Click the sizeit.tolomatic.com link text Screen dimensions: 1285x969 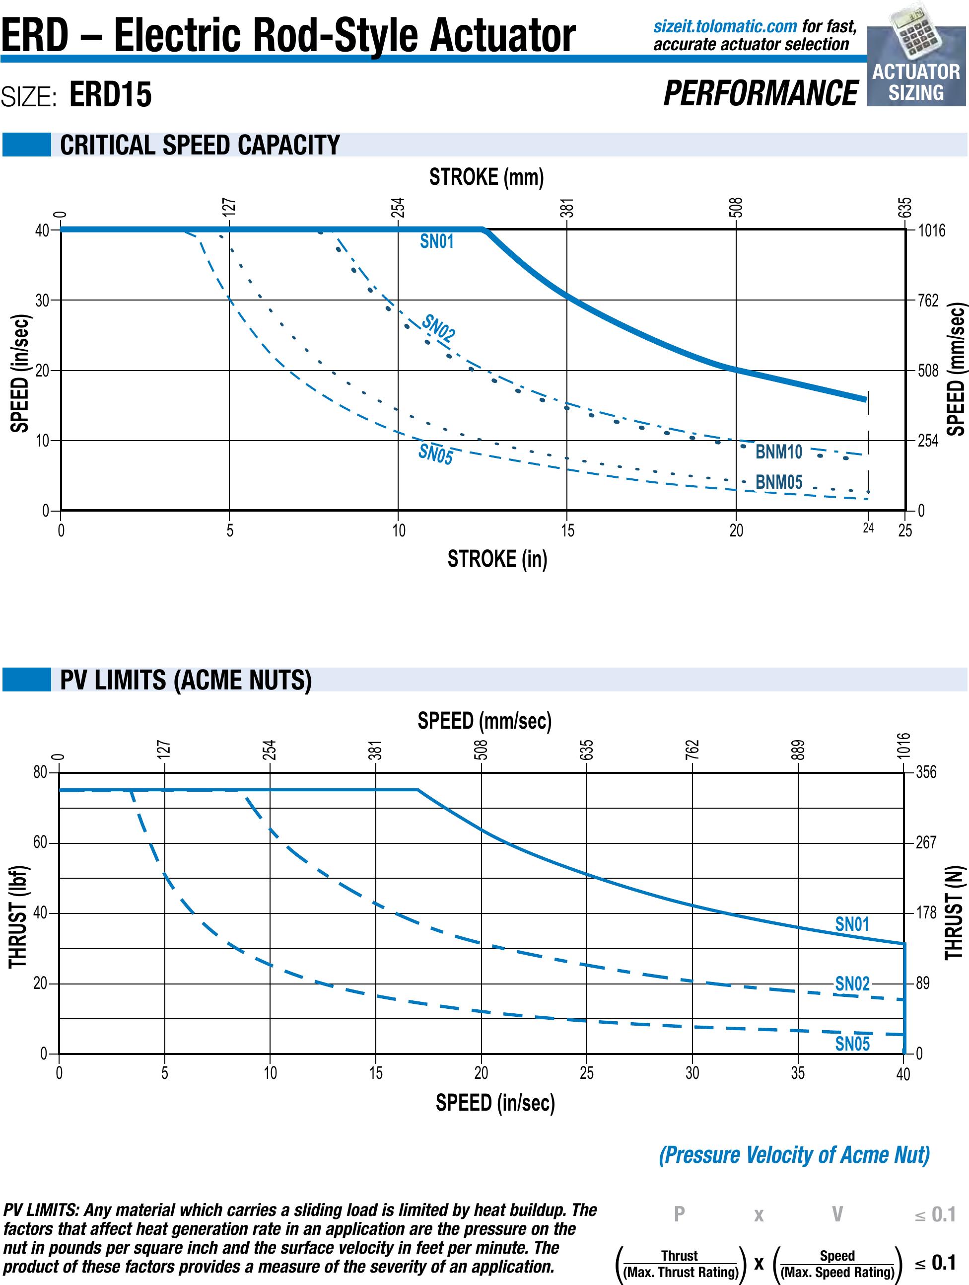[725, 26]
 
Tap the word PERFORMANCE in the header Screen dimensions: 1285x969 [760, 93]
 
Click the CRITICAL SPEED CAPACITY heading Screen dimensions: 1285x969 [200, 145]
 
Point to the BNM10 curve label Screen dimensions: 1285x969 [778, 452]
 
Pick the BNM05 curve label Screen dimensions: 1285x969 [778, 482]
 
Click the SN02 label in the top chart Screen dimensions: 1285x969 [438, 328]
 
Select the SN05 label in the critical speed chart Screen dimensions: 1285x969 [435, 454]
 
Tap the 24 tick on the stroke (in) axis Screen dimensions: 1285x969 [868, 528]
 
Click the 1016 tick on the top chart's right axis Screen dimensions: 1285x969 [931, 230]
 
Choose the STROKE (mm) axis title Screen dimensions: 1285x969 [486, 177]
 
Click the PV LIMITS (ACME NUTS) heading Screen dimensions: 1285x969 [186, 680]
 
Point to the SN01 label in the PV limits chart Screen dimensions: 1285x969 [852, 924]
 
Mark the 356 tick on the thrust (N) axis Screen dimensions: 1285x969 [926, 772]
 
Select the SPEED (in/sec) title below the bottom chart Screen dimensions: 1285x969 [495, 1102]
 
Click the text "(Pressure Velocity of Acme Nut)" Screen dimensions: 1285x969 [794, 1155]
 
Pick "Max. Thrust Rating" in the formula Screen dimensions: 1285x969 [680, 1272]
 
